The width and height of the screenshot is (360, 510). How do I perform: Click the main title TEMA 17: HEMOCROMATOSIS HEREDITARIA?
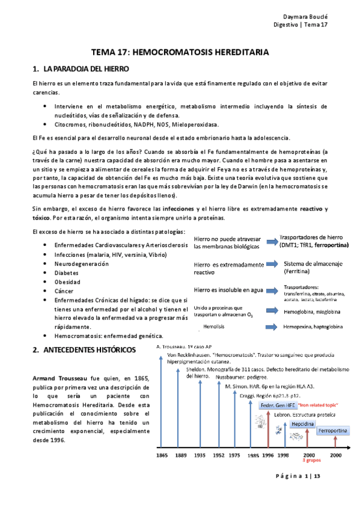pyautogui.click(x=180, y=53)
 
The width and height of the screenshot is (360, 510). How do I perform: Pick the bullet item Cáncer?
pyautogui.click(x=65, y=290)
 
